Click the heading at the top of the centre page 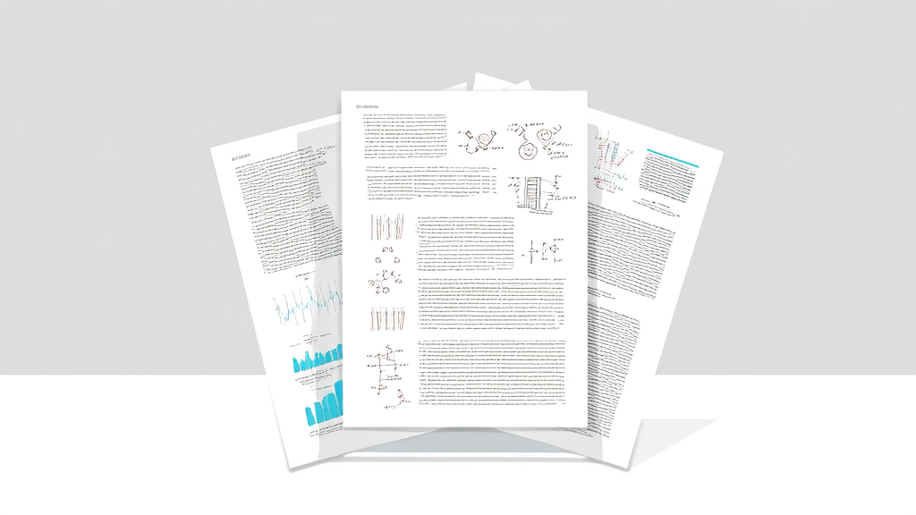[369, 106]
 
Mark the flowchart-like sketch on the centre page [386, 368]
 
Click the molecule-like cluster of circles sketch [386, 274]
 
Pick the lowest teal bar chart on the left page [323, 404]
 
